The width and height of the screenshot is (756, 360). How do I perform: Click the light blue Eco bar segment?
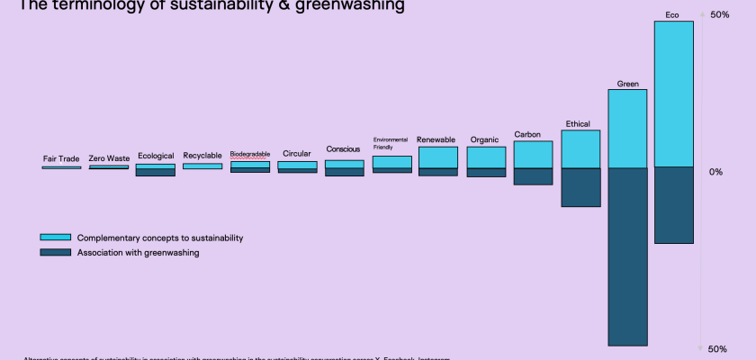[673, 94]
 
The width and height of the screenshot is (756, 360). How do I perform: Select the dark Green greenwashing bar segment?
[627, 256]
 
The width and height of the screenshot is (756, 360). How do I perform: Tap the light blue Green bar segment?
[627, 129]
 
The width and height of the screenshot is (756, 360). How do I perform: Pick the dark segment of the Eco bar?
[673, 205]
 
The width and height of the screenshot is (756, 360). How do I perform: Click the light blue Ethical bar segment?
[580, 149]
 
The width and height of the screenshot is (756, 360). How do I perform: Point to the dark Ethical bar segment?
[580, 187]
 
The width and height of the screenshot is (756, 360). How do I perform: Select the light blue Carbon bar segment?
[533, 155]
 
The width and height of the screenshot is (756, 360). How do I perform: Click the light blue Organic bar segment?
[486, 157]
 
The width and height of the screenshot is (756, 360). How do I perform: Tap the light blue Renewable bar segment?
[438, 157]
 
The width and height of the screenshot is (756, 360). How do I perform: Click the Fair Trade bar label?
[61, 159]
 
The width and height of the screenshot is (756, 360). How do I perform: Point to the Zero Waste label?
[109, 158]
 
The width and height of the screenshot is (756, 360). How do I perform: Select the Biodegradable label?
[250, 154]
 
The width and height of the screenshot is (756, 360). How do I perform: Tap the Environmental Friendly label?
[391, 143]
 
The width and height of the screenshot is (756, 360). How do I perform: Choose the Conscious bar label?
[343, 149]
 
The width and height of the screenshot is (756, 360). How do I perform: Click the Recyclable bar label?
[202, 155]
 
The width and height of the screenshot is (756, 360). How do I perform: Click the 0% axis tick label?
[715, 171]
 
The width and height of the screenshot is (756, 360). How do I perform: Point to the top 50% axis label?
[719, 15]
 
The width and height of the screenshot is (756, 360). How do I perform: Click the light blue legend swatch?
[55, 238]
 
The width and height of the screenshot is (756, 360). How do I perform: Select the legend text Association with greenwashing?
[138, 253]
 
